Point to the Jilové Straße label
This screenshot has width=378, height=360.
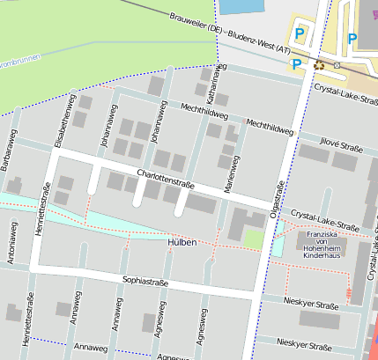[x=341, y=144]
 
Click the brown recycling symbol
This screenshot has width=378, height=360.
[x=319, y=65]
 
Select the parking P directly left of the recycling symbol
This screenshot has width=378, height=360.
[x=297, y=63]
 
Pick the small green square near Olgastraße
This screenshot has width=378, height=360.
[x=254, y=239]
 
